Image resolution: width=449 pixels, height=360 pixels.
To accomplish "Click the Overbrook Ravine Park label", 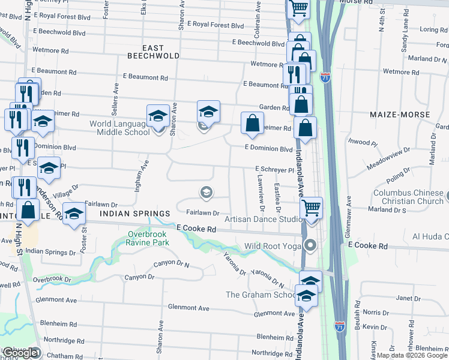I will pyautogui.click(x=148, y=238).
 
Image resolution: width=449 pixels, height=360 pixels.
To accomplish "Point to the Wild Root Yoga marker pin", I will pyautogui.click(x=310, y=245).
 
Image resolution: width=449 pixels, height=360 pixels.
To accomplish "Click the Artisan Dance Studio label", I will pyautogui.click(x=264, y=220).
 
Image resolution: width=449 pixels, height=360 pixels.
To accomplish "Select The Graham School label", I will pyautogui.click(x=261, y=295).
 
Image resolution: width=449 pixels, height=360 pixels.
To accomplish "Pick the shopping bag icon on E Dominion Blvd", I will pyautogui.click(x=253, y=123).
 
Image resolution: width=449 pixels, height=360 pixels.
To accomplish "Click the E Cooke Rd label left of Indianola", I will pyautogui.click(x=196, y=229).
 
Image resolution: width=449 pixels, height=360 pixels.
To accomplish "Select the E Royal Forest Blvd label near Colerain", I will pyautogui.click(x=215, y=25).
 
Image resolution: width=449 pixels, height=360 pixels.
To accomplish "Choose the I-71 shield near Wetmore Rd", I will pyautogui.click(x=325, y=78).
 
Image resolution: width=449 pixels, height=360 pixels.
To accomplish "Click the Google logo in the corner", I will pyautogui.click(x=20, y=353).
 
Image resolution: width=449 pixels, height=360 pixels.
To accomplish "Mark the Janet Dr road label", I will pyautogui.click(x=408, y=298).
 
